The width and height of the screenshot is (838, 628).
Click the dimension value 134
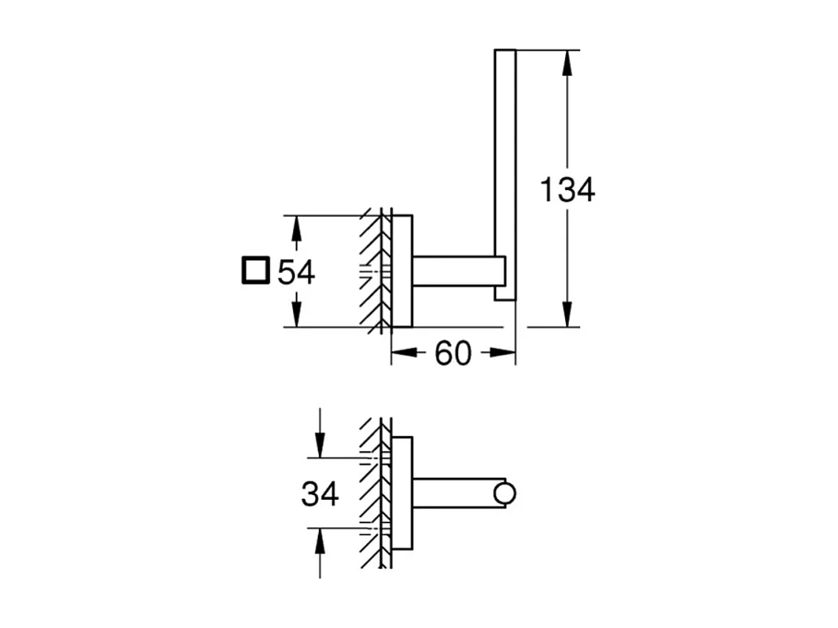pos(567,191)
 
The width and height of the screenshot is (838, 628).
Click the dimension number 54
pos(297,272)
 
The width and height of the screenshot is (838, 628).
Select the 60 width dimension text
pos(453,352)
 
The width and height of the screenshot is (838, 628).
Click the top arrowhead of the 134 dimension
pos(567,61)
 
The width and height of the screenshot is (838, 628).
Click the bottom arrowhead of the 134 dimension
pos(567,315)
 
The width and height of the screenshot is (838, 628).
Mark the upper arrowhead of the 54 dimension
pos(297,227)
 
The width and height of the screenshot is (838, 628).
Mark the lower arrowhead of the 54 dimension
pos(297,315)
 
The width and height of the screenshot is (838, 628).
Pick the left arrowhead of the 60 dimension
pos(404,352)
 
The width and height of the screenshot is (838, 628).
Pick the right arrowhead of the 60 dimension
pos(502,352)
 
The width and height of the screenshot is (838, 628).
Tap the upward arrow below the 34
pos(320,540)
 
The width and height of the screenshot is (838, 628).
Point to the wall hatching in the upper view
pos(373,271)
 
